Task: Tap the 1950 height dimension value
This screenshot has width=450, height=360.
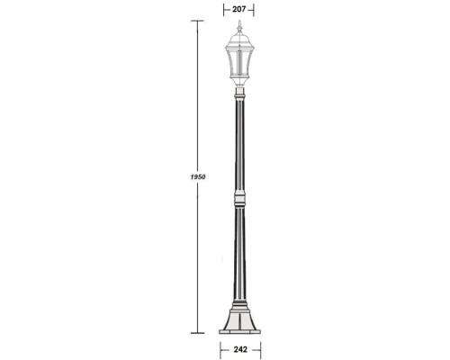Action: (200, 177)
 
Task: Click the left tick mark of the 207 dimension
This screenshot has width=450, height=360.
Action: (222, 9)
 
